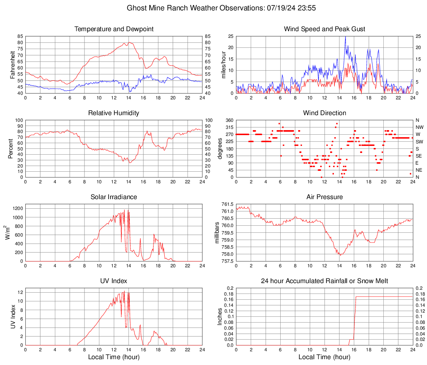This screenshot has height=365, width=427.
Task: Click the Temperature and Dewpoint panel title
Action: coord(114,29)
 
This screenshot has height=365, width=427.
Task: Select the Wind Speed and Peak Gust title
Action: coord(324,29)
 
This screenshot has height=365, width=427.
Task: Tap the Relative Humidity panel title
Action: coord(114,113)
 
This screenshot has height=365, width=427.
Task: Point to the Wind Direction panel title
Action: coord(324,113)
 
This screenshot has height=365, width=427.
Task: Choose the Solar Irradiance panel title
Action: coord(114,197)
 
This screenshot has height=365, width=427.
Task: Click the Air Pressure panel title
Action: coord(324,197)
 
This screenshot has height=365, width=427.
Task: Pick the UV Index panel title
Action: coord(114,281)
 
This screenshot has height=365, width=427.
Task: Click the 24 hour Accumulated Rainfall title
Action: coord(324,281)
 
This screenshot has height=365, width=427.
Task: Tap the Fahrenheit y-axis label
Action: coord(12,64)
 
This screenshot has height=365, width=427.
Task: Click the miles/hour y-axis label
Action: coord(223,64)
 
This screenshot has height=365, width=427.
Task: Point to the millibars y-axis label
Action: coord(217,232)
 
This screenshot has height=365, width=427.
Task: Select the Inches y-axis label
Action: coord(220,316)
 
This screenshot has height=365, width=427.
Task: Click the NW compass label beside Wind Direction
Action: coord(419,127)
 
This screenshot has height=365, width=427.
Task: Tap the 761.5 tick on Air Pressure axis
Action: coord(227,205)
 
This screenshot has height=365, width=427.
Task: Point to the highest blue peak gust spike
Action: coord(345,37)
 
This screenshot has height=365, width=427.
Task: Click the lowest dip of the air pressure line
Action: coord(340,255)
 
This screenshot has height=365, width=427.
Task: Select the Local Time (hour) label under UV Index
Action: coord(114,357)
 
